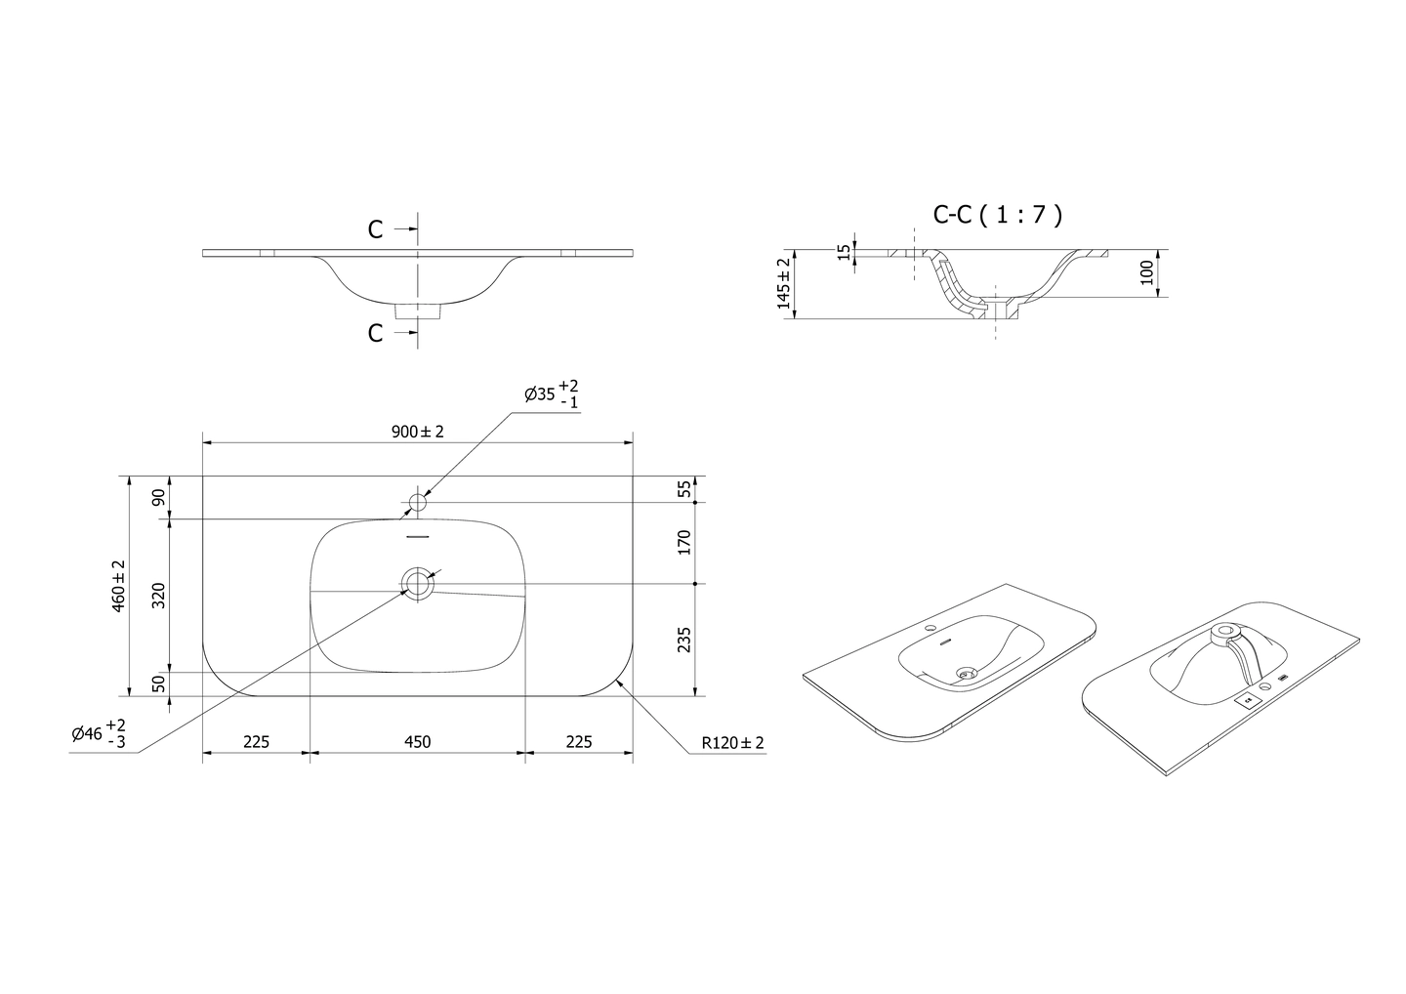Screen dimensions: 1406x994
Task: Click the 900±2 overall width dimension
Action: [418, 432]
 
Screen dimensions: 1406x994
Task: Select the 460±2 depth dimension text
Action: [119, 586]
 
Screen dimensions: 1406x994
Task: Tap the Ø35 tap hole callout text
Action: [552, 393]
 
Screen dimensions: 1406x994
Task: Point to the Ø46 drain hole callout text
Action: [100, 733]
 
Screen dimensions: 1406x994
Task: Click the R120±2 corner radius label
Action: [732, 743]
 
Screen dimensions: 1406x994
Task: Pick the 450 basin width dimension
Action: [418, 742]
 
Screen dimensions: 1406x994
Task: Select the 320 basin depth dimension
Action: [159, 595]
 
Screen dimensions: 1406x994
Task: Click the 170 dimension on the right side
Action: [684, 542]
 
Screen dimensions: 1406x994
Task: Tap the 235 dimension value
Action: [684, 640]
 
